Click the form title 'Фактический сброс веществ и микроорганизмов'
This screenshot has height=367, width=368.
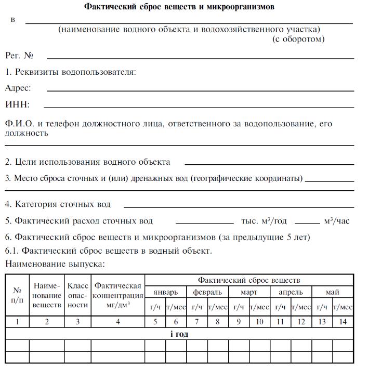(179, 7)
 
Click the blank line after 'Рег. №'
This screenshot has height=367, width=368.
(201, 57)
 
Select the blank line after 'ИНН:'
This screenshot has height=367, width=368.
(199, 107)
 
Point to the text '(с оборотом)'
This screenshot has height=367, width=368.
(298, 39)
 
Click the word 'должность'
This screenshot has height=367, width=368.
(27, 133)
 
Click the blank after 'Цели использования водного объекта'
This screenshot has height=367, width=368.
(269, 163)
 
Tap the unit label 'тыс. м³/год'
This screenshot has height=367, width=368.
(264, 221)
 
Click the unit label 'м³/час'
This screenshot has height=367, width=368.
(337, 221)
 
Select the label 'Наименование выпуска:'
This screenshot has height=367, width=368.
(55, 264)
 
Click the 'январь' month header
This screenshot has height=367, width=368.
(166, 292)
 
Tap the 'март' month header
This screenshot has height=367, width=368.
(249, 292)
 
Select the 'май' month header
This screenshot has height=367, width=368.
(332, 292)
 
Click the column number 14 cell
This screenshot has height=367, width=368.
(343, 322)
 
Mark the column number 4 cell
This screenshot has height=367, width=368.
(118, 322)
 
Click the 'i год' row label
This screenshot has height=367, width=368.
(179, 334)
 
